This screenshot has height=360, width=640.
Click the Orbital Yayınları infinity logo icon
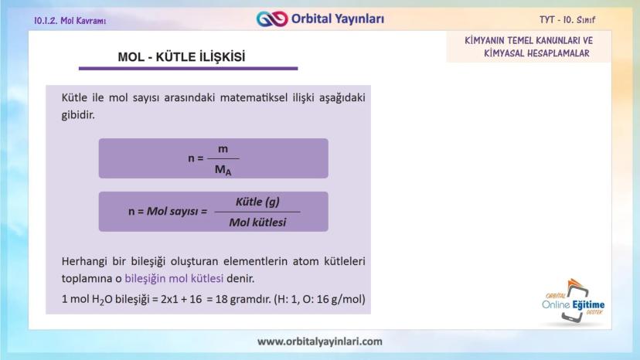(272, 19)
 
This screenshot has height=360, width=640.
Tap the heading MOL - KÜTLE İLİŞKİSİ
(182, 56)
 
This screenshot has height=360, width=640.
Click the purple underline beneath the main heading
(188, 69)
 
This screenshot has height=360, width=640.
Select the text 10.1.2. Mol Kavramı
(70, 20)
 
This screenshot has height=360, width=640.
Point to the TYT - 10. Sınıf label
(567, 19)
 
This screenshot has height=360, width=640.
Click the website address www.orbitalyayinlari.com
(319, 341)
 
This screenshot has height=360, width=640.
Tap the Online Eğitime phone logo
(574, 302)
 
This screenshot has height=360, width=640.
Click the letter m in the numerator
(223, 149)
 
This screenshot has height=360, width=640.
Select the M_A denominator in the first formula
(223, 169)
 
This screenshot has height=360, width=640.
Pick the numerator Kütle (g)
(257, 202)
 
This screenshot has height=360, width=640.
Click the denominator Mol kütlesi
(257, 222)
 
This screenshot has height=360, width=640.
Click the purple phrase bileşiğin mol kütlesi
(174, 278)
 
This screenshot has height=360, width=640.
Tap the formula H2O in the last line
(102, 300)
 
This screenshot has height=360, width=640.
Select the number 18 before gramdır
(221, 299)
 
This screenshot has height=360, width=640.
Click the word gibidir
(78, 115)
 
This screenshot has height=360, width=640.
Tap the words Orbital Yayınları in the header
(338, 19)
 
